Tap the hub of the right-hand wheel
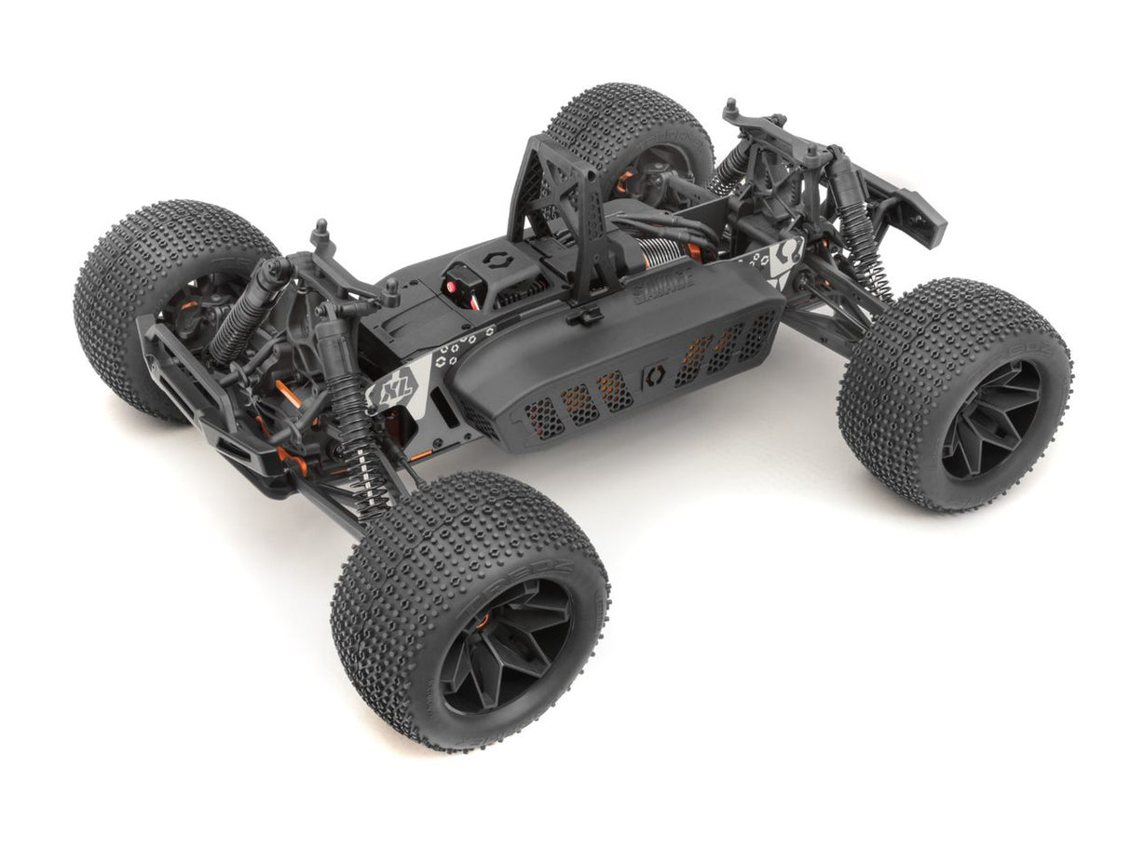pyautogui.click(x=988, y=417)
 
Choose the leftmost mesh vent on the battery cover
pyautogui.click(x=543, y=419)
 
